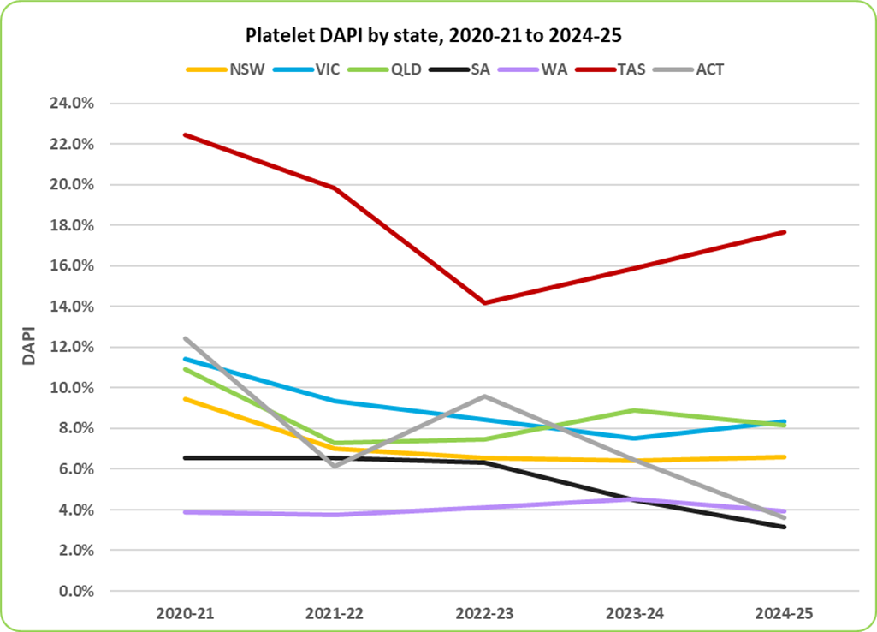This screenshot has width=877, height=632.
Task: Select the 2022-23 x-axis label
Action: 484,614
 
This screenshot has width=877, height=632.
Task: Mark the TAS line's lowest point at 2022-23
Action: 484,303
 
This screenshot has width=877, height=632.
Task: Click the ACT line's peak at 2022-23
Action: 484,396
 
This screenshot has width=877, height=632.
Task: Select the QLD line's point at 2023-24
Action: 635,410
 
